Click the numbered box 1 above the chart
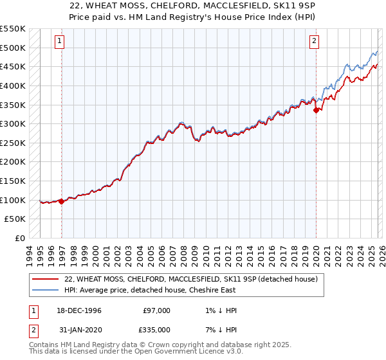click(x=59, y=41)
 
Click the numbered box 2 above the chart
click(x=314, y=41)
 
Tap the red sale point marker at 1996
click(x=62, y=201)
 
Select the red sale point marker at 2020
click(x=316, y=110)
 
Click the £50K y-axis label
click(x=16, y=219)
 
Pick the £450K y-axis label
click(x=14, y=66)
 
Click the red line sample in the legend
click(x=46, y=280)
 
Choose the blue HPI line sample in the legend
click(x=46, y=289)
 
